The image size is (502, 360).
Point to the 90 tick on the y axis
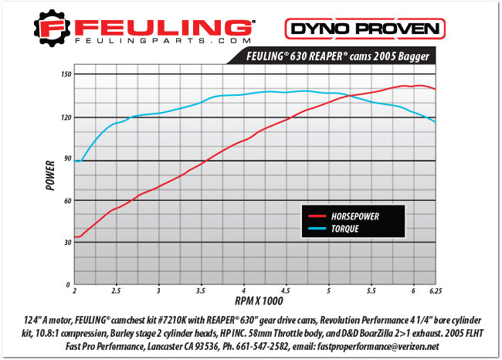(66, 159)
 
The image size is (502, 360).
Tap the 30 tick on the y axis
(66, 243)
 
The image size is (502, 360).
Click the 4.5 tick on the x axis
(286, 291)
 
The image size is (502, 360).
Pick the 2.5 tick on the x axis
(116, 291)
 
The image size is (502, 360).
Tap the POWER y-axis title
(50, 175)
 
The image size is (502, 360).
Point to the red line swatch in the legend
(315, 216)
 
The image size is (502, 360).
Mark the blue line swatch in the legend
(315, 229)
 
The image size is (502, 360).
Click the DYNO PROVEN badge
(366, 29)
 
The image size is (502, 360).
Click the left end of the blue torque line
(76, 161)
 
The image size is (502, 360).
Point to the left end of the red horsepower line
(76, 237)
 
